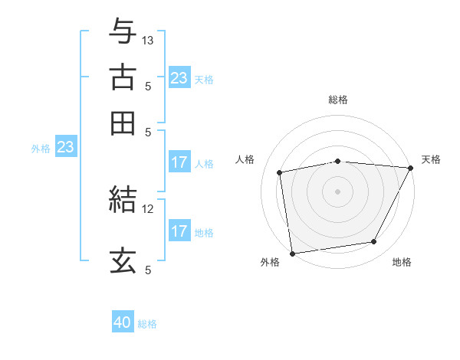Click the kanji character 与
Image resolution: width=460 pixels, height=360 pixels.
pos(123,31)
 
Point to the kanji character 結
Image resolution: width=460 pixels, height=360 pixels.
pos(123,199)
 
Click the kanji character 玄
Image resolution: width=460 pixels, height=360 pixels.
pos(123,260)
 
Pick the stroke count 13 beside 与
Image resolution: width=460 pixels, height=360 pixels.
pos(148,40)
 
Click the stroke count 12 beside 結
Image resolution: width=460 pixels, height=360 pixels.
pos(148,208)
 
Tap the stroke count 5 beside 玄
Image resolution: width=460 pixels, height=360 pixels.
pos(148,270)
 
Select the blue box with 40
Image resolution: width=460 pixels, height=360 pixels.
pos(123,322)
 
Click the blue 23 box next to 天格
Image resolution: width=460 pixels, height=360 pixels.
pos(179,78)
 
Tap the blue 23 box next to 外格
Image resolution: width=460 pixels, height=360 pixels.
pos(65,147)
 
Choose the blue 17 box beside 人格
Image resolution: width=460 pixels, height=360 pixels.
pos(179,162)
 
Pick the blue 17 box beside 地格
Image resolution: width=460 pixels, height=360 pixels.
pos(179,231)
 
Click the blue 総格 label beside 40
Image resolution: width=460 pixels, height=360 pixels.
pos(147,324)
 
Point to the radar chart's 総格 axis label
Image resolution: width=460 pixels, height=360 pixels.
pos(338,100)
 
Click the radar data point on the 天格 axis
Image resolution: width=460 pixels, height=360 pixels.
pos(411,168)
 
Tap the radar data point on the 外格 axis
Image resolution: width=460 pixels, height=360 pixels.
pos(292,253)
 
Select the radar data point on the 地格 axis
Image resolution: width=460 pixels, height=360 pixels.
pos(374,242)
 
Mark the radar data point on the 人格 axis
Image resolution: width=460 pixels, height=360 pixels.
pos(281,172)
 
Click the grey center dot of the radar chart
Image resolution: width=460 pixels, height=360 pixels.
pos(337,191)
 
